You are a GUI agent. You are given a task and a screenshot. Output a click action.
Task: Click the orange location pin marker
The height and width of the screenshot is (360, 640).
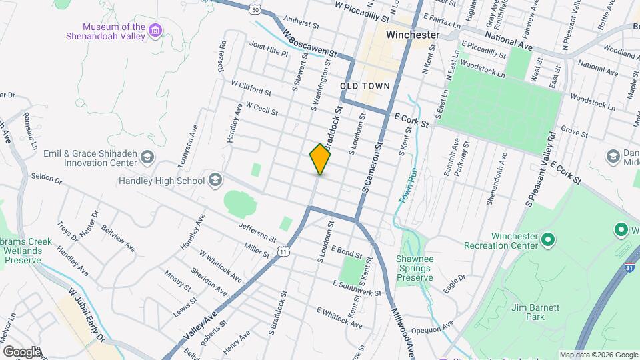pos(320,159)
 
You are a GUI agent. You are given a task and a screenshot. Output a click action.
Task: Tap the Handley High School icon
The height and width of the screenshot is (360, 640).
pos(215,180)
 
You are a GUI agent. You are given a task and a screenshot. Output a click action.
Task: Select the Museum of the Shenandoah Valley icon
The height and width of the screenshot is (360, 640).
pos(156,30)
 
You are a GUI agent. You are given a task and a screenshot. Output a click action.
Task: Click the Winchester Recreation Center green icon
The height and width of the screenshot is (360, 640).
pos(548,238)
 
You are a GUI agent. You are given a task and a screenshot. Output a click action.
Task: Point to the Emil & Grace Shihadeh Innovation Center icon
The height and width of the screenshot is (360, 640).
pos(147,157)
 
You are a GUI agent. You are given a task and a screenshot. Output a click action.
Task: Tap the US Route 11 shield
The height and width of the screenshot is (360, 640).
pos(284,251)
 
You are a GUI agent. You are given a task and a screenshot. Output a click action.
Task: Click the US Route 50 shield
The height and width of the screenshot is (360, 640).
pos(255,9)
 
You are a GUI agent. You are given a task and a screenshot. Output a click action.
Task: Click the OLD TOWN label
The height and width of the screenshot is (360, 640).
pos(365,87)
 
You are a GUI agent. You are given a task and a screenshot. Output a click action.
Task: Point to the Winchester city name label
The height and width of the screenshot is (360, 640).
pos(415,35)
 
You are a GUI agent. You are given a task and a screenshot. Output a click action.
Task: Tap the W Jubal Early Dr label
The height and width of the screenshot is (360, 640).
pos(87,315)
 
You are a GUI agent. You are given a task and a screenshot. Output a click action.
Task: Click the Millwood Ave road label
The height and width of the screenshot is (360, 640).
pos(403,326)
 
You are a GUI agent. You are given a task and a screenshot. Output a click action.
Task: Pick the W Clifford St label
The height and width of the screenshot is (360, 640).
pos(251,89)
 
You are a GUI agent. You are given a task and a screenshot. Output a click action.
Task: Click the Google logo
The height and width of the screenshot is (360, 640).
pos(22,351)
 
